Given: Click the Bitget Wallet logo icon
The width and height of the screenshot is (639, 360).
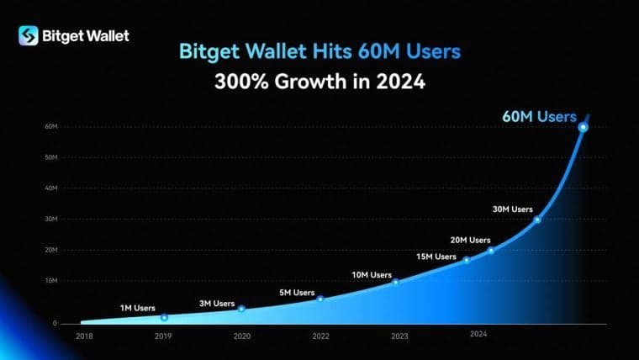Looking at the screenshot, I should coord(29,35).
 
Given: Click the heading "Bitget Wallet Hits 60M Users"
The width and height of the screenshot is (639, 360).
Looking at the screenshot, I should coord(319,51).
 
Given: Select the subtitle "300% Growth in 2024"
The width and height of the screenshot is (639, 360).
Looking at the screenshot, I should coord(319,84).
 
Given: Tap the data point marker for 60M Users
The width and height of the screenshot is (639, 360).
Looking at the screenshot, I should coord(583,127).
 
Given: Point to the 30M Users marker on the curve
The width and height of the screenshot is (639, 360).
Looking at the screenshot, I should coord(537,220).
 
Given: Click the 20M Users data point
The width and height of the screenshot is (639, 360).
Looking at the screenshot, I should coord(491,251).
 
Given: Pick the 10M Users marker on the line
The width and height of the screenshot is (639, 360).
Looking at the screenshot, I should coord(396,282).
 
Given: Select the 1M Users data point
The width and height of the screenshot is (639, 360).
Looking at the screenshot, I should coord(164,317).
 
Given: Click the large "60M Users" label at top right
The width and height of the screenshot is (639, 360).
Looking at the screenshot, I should coord(539,116).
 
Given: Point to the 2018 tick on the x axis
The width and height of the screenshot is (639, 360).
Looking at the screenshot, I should coord(84,336).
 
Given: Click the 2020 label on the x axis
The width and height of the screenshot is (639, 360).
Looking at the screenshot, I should coord(241,336).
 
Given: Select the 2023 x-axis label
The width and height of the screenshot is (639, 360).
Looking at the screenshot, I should coord(400,336).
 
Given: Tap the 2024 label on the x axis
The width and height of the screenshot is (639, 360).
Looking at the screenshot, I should coord(478,334).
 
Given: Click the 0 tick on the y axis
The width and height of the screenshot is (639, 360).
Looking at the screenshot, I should coord(54,323).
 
